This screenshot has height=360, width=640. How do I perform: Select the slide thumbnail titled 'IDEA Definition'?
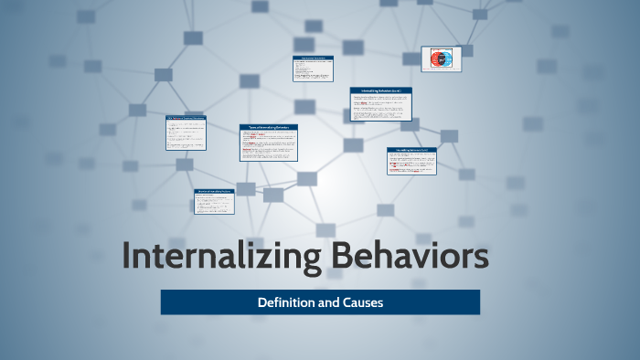click(186, 132)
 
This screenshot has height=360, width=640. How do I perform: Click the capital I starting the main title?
click(126, 257)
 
